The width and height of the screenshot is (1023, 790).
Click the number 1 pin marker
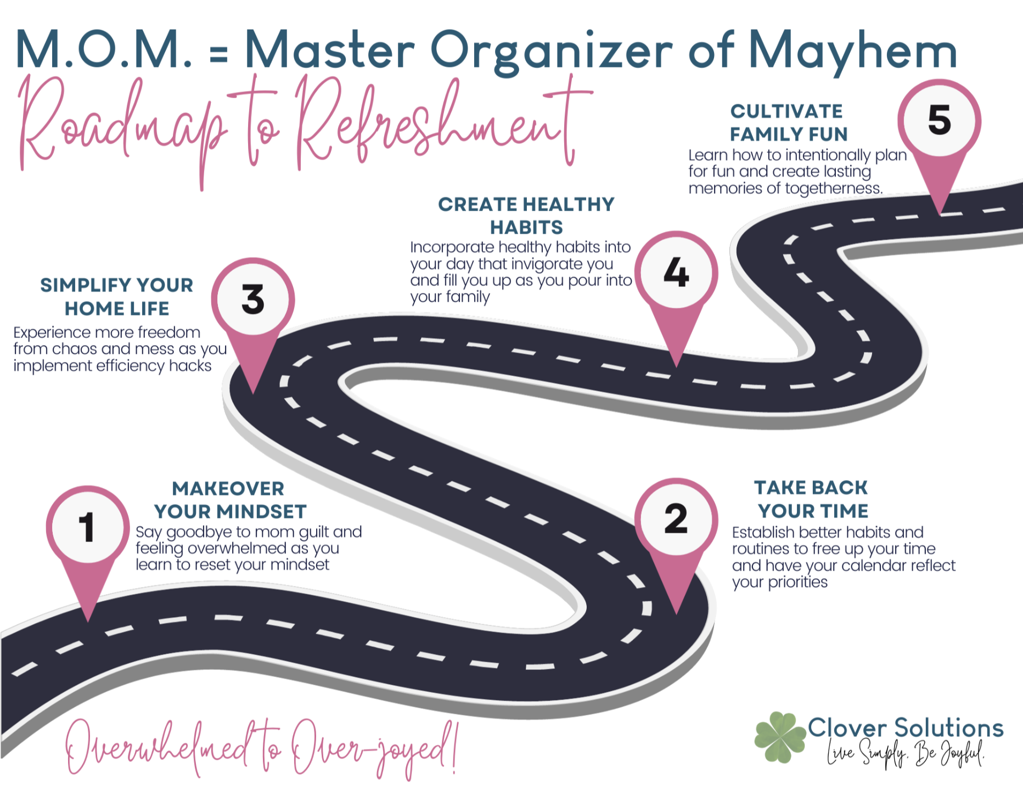pos(88,527)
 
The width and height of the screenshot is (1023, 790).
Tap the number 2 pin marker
pos(676,519)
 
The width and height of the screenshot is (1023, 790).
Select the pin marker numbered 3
pos(253,300)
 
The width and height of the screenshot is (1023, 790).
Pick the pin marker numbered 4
pos(676,273)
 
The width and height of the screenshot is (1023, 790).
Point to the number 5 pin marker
pos(939,121)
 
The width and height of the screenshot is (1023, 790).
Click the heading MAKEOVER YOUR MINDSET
pos(229,500)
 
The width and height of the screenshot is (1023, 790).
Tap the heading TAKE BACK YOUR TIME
pos(812,499)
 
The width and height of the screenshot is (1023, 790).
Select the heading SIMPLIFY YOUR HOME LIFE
pos(117,297)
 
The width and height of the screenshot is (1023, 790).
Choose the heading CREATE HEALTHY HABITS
pos(526,216)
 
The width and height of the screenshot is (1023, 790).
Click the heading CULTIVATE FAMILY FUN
pos(788,122)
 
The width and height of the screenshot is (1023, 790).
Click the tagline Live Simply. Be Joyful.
pos(906,754)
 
